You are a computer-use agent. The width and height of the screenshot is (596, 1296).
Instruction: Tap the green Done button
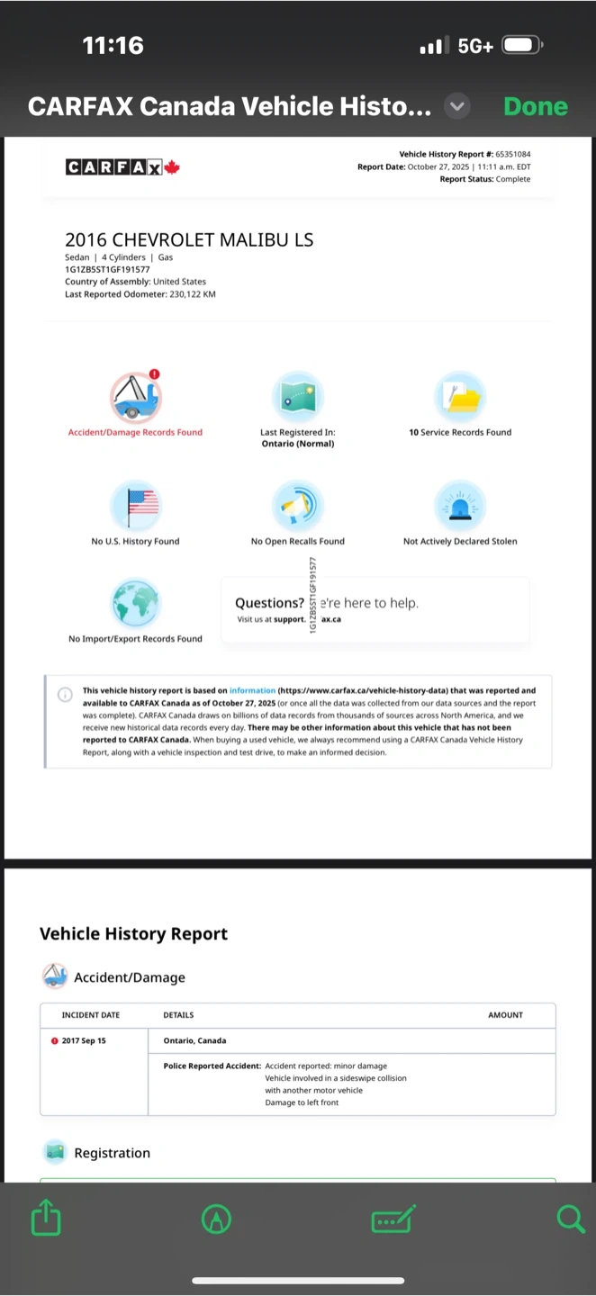(x=536, y=106)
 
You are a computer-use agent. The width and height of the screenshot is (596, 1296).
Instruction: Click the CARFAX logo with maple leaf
(x=122, y=166)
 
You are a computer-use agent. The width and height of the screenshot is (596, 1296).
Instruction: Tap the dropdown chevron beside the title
(x=457, y=106)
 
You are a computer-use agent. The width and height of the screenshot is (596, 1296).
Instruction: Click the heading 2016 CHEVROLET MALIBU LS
(x=189, y=239)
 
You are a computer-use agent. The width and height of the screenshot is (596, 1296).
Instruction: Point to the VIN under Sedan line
(x=107, y=269)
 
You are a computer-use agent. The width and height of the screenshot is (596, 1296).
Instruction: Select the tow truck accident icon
(x=136, y=397)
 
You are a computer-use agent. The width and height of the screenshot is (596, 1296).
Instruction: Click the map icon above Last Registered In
(x=298, y=397)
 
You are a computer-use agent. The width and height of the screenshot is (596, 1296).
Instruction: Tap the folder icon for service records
(x=460, y=397)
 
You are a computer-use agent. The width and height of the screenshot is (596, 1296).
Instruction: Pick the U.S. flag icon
(x=136, y=506)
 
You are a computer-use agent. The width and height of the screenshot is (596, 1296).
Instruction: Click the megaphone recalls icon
(x=298, y=506)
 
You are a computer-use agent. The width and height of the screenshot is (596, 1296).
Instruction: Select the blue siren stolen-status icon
(x=460, y=506)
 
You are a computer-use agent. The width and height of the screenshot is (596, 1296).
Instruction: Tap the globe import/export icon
(x=136, y=603)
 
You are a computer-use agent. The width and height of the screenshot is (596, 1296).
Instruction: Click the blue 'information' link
(x=252, y=691)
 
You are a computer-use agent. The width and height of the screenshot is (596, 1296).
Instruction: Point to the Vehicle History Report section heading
(x=133, y=934)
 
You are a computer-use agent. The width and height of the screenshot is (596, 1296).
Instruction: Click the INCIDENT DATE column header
(x=90, y=1015)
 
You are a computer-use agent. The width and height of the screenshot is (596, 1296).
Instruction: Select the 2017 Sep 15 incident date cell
(x=83, y=1040)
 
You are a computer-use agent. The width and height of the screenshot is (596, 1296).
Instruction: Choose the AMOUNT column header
(x=505, y=1015)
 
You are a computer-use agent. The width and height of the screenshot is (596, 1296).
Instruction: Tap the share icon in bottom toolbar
(x=46, y=1219)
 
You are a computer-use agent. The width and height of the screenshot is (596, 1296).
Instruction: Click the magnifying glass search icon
(x=571, y=1219)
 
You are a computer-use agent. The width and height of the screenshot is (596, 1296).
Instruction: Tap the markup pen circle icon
(x=217, y=1219)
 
